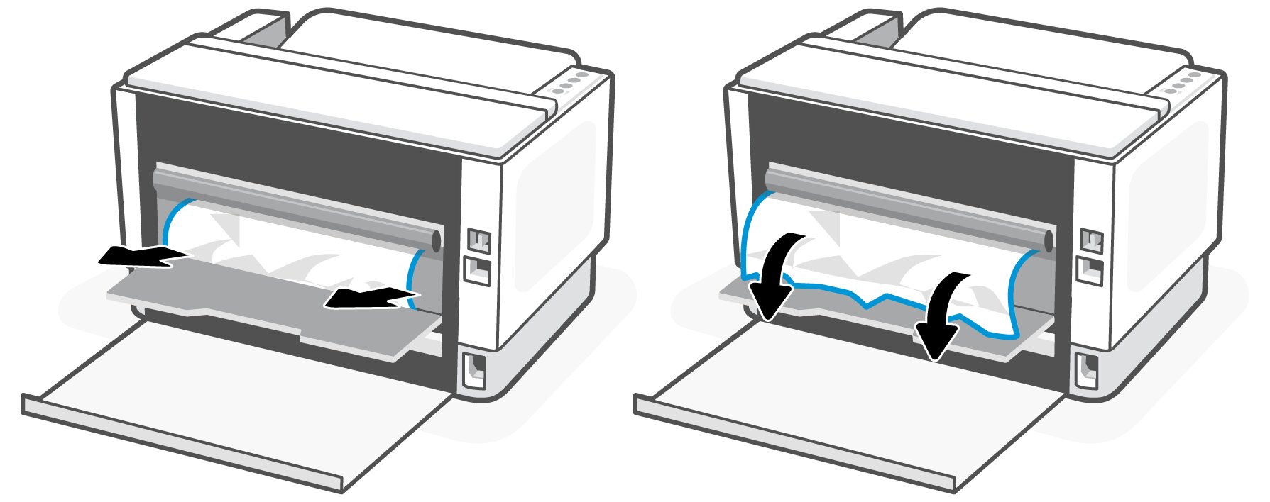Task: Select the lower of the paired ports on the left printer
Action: click(x=478, y=270)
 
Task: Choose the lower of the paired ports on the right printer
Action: click(x=1090, y=270)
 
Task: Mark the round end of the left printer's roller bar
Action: click(x=435, y=242)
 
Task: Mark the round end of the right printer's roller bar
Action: click(x=1048, y=242)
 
